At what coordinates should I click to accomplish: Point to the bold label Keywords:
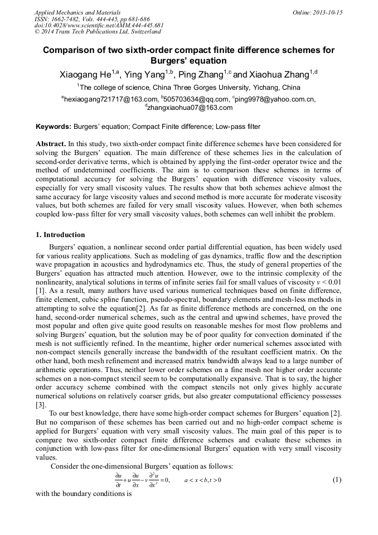[x=53, y=127]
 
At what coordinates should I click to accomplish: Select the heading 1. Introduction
[x=60, y=235]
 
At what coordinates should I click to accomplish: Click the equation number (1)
[x=337, y=480]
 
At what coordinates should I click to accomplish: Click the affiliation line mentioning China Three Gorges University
[x=189, y=88]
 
